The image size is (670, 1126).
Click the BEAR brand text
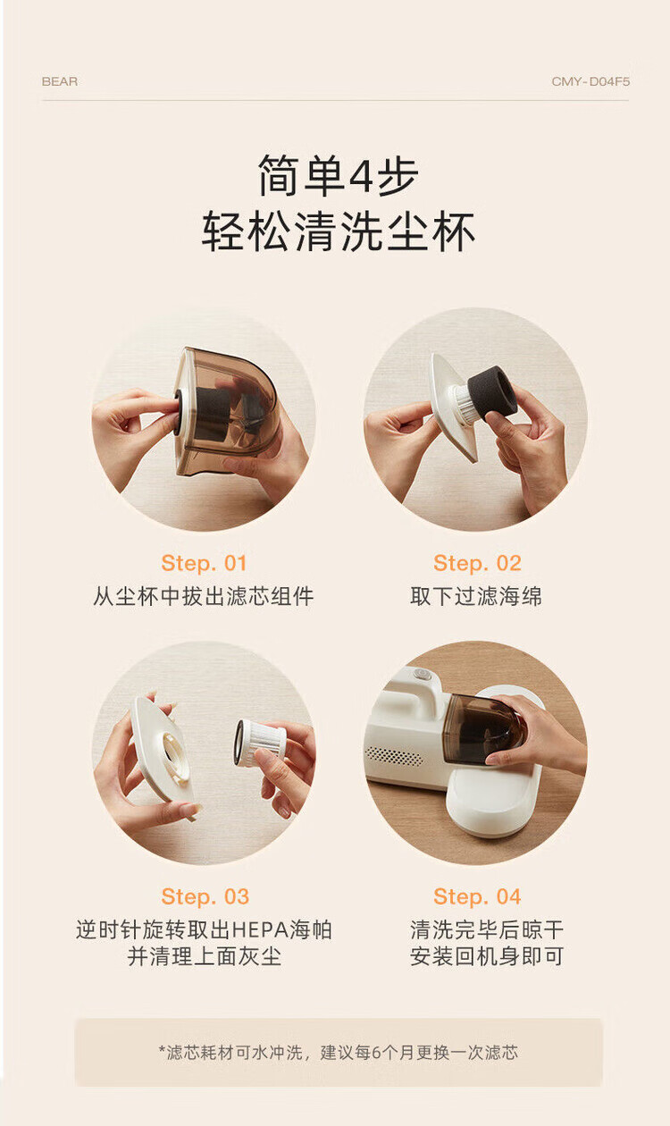click(60, 81)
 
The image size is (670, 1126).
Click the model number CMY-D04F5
click(590, 81)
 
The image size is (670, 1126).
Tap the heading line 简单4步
click(339, 175)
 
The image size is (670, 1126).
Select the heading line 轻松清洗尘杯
click(339, 231)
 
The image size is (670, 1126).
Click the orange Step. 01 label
click(204, 564)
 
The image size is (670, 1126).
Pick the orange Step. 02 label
click(478, 564)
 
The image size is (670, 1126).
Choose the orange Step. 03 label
click(205, 897)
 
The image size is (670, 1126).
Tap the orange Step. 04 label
click(478, 897)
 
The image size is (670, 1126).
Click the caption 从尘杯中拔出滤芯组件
click(204, 597)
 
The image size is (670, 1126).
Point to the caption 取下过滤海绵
click(476, 597)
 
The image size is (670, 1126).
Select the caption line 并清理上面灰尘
click(204, 956)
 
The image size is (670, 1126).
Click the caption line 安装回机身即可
click(487, 956)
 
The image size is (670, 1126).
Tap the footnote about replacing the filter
click(339, 1052)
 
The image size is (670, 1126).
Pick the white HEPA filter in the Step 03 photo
click(260, 743)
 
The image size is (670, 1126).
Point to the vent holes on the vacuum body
click(394, 755)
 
